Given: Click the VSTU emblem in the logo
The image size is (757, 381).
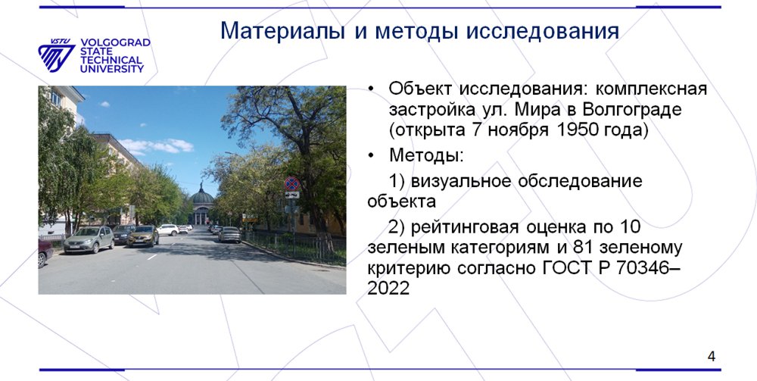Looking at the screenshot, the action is pos(56,55).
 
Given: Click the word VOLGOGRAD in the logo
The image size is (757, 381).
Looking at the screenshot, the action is pos(115,42).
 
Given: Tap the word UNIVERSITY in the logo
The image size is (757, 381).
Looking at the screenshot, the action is pos(112,69).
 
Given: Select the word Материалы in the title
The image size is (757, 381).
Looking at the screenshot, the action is pos(282,31).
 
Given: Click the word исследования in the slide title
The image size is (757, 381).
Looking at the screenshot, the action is pos(543,31).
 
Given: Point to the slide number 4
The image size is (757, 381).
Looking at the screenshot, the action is pos(711,357).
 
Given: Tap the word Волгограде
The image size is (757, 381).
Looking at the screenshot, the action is pos(632,110).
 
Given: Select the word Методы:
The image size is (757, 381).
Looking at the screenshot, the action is pos(426,155).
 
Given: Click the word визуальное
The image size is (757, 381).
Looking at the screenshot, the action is pos(459,182).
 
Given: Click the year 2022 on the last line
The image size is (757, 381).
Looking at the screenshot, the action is pos(388,289).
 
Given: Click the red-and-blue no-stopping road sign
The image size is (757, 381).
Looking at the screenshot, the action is pos(291,183).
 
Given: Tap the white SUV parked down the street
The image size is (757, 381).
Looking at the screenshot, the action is pos(167,230).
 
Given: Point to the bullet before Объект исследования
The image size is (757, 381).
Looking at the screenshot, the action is pos(371,89).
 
